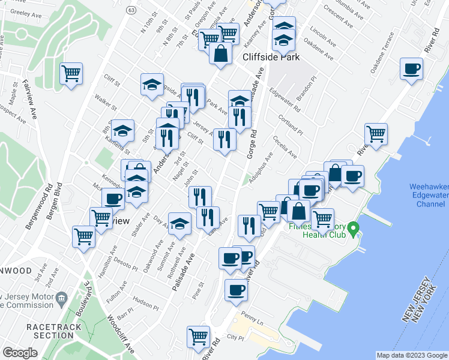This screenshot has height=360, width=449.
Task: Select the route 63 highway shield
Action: pyautogui.click(x=132, y=10)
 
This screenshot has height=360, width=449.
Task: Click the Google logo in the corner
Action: pyautogui.click(x=20, y=353)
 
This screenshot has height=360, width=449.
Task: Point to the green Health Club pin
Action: pyautogui.click(x=354, y=228)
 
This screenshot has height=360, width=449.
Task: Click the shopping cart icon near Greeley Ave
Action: pyautogui.click(x=71, y=74)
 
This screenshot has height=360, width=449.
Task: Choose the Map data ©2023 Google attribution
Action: pyautogui.click(x=411, y=355)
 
